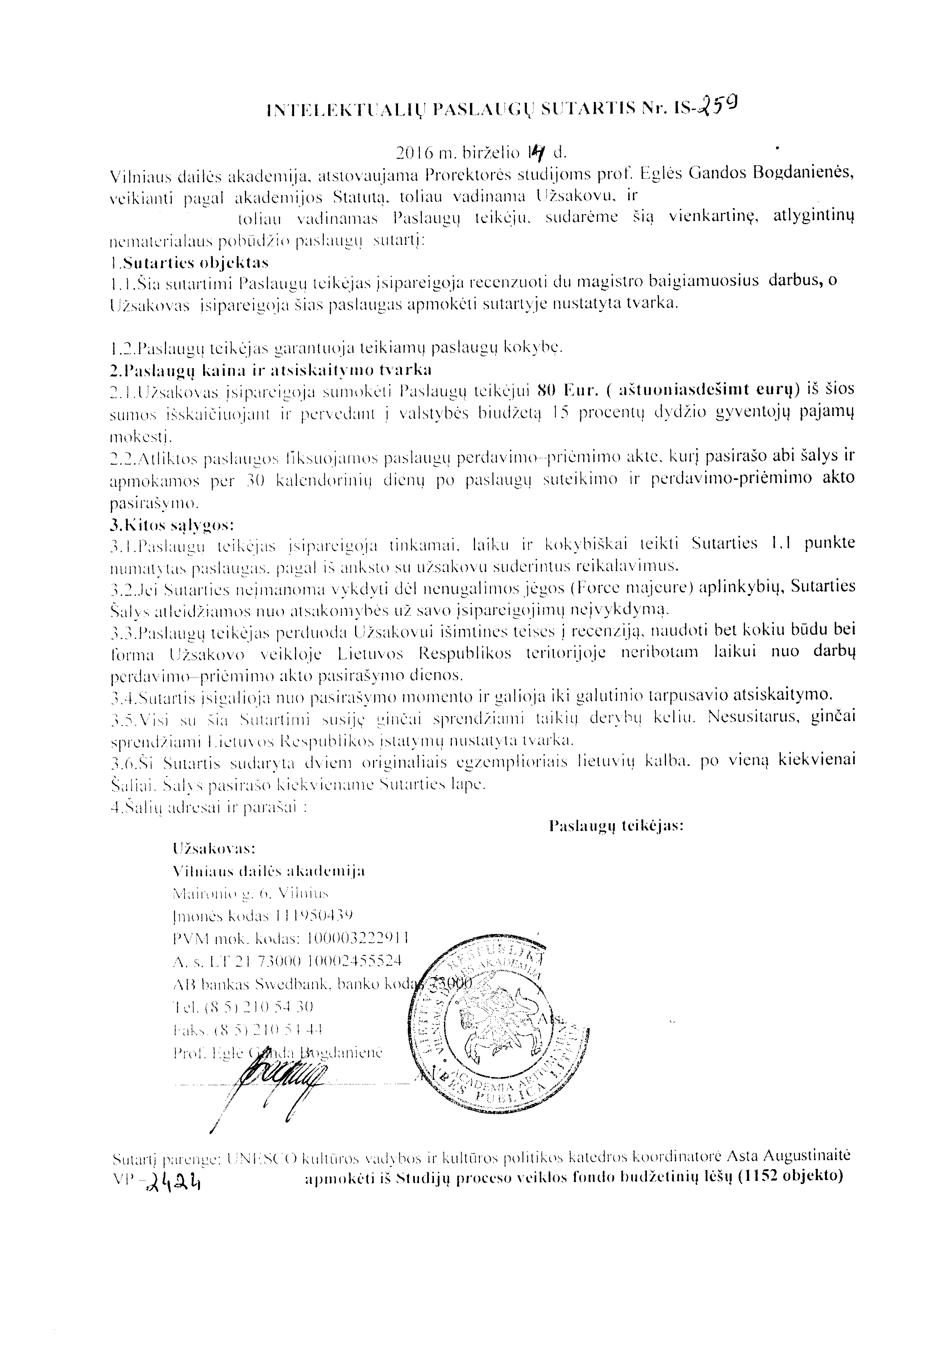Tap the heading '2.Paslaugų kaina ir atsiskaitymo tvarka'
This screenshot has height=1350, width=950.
tap(271, 370)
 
